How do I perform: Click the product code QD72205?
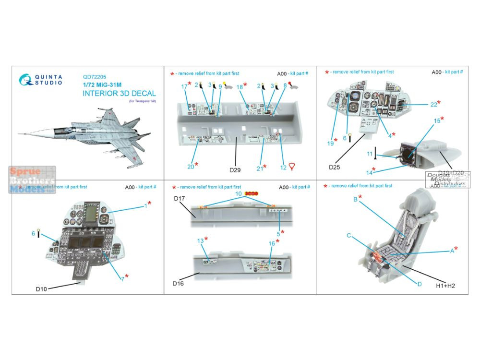click(94, 76)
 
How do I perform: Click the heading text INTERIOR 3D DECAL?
click(120, 93)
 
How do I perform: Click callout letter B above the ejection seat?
click(355, 199)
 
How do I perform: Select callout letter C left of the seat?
click(349, 235)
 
